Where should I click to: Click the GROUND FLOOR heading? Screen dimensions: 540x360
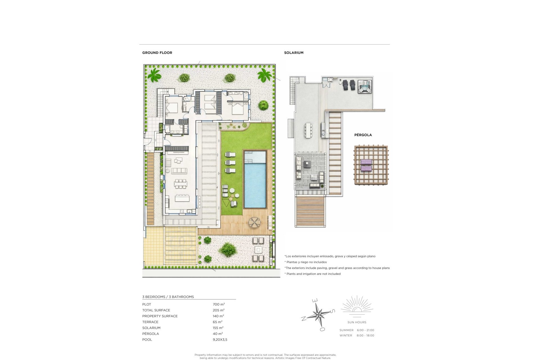tap(157, 53)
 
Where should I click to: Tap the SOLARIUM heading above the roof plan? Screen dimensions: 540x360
tap(294, 53)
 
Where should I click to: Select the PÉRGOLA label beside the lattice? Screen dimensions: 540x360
tap(363, 135)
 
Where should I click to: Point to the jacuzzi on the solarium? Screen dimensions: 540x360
tap(364, 86)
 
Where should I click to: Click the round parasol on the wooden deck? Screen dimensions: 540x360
tap(254, 223)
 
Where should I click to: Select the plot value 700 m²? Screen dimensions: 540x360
tap(219, 304)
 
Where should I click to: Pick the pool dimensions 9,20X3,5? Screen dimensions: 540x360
tap(220, 339)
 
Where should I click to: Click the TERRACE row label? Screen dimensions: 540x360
tap(150, 322)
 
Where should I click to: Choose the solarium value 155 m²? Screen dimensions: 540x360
tap(218, 328)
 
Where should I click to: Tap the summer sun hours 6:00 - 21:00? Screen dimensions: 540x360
tap(366, 330)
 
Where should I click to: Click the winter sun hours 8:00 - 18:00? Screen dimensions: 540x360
tap(366, 336)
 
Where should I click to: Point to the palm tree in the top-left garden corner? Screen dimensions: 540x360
tap(154, 75)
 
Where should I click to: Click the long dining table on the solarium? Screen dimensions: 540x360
tap(308, 131)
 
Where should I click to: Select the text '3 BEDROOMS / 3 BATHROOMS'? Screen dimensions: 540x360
tap(168, 297)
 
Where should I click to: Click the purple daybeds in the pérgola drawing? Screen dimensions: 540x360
tap(366, 165)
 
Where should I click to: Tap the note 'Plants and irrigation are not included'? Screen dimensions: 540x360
tap(314, 274)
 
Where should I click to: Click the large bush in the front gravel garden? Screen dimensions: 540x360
tap(227, 249)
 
